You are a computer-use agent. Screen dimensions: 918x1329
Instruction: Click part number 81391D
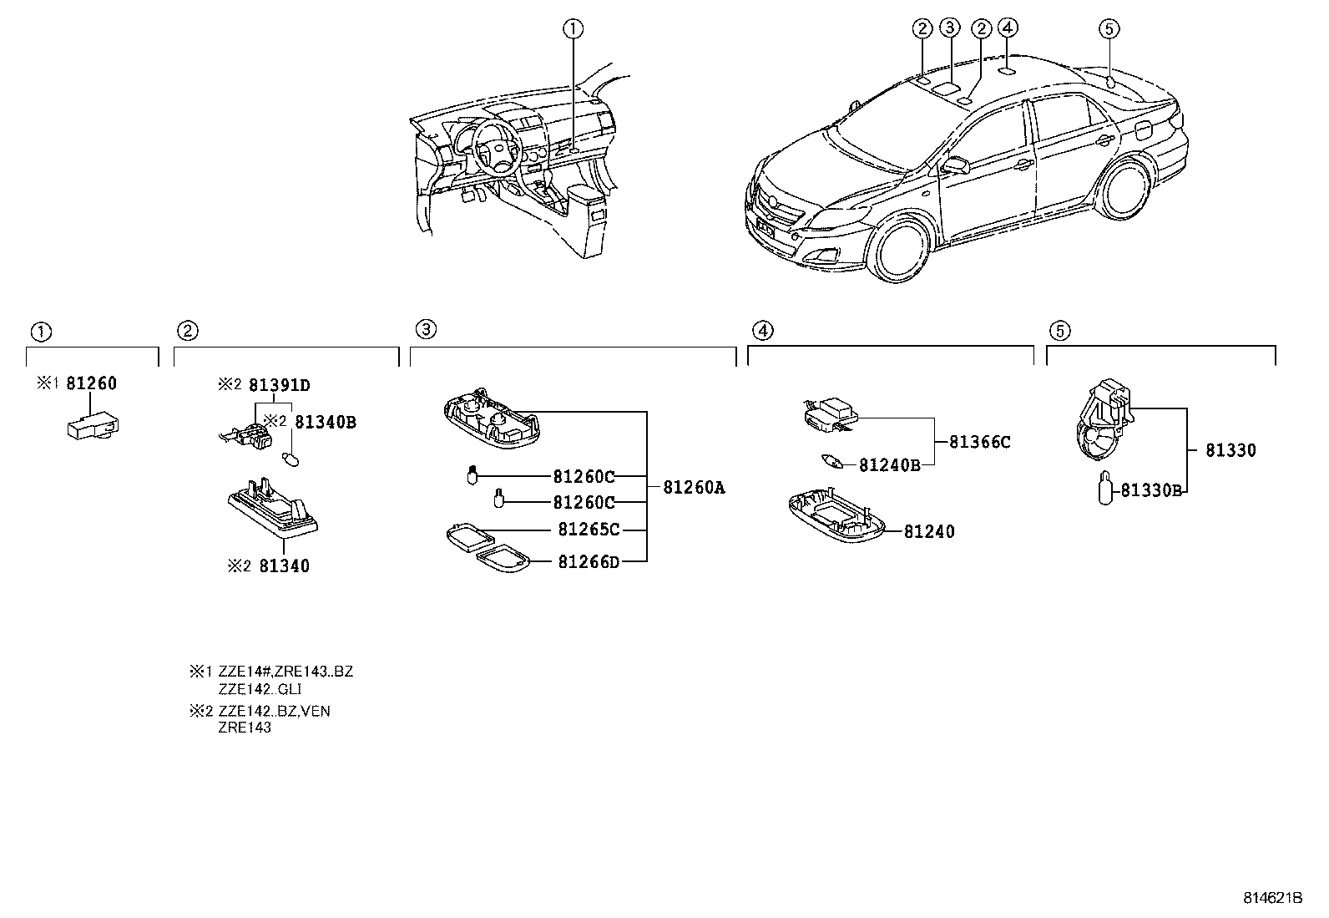280,385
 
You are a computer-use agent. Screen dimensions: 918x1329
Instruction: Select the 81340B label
325,423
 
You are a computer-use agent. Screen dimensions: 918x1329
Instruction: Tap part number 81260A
694,488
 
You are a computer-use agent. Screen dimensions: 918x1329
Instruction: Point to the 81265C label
589,530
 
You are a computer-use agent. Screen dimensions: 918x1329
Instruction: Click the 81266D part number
589,561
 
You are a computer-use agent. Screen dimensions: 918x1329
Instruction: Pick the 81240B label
890,465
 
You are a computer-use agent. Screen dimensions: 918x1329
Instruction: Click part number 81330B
1151,490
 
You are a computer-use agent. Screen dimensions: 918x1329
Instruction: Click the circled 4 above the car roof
1008,28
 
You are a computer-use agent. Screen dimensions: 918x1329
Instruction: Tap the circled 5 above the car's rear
1108,29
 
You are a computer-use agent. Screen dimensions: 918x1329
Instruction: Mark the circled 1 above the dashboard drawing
572,29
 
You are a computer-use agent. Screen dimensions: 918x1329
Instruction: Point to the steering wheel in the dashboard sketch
494,148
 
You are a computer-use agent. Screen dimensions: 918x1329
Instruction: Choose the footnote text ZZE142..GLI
260,689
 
